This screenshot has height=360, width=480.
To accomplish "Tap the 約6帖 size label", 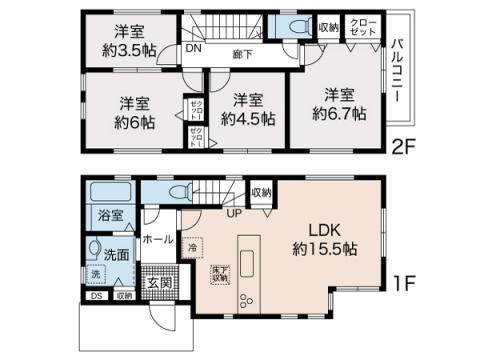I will pyautogui.click(x=135, y=123).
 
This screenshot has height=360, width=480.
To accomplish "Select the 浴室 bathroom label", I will pyautogui.click(x=110, y=215).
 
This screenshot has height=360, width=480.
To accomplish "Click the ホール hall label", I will pyautogui.click(x=158, y=239).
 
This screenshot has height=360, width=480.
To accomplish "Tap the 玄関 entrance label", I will pyautogui.click(x=160, y=283).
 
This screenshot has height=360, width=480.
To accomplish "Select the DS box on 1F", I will pyautogui.click(x=95, y=295).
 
